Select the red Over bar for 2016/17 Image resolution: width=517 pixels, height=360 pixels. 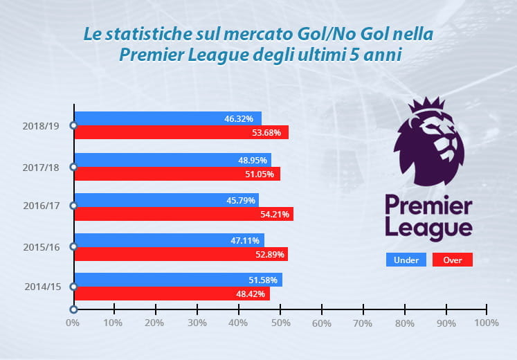coord(183,214)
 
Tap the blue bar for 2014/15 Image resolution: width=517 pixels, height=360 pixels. coord(177,280)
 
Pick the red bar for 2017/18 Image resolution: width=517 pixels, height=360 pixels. coord(176,174)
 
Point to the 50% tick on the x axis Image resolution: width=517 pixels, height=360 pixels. coord(280,323)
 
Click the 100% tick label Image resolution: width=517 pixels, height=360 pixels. coord(487,323)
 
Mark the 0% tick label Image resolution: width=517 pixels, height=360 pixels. coord(73,323)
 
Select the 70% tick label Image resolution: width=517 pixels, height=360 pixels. coord(363,323)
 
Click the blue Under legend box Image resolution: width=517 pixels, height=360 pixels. coord(406,260)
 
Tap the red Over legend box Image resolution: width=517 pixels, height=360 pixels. coord(452,260)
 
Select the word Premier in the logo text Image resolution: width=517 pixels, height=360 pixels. coord(428,207)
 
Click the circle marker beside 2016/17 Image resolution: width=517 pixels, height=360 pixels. coord(73,206)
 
